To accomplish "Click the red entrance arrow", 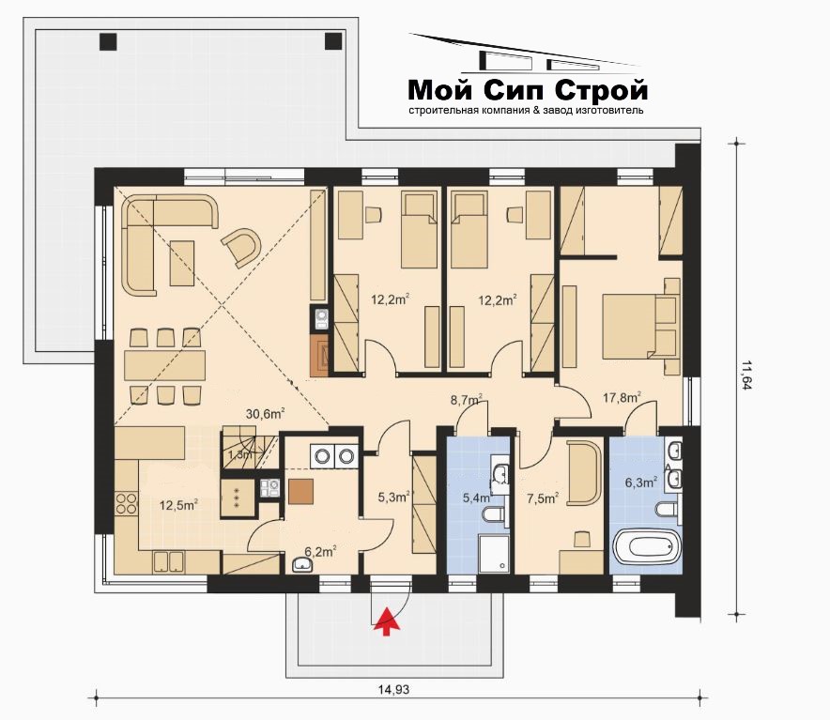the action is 387,620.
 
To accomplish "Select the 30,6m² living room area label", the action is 266,414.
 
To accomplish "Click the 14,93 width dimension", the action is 393,689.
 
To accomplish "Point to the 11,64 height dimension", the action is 746,375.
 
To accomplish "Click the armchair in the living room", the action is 242,246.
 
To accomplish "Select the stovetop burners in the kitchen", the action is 127,503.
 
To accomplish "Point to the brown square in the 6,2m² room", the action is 300,491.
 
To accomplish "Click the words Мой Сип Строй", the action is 528,90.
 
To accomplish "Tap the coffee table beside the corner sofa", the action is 181,263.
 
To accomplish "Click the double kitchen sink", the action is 168,561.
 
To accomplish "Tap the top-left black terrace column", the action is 108,41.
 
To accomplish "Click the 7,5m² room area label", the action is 544,498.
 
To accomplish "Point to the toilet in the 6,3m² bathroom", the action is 667,509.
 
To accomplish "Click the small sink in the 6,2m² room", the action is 302,565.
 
